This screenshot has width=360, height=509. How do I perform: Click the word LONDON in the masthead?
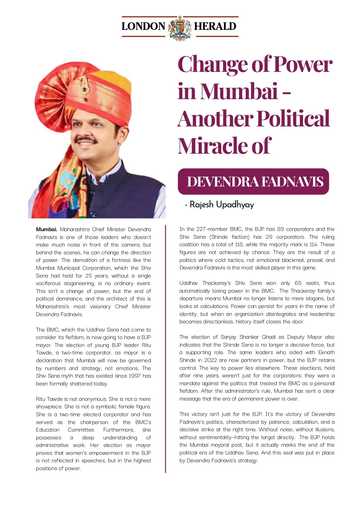tap(143, 26)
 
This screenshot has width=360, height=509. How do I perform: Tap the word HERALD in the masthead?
tap(215, 26)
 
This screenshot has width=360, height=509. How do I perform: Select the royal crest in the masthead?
tap(180, 28)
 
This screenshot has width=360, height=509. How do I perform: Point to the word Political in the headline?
tap(293, 119)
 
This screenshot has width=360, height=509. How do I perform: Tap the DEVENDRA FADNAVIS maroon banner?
tap(253, 182)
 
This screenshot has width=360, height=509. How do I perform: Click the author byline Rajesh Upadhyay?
tap(222, 204)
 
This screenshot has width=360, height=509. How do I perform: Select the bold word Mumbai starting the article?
tap(46, 229)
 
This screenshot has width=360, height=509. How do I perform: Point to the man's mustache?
tap(86, 140)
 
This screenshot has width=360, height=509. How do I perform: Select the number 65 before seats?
tap(298, 283)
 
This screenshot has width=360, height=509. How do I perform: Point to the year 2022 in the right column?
tap(211, 360)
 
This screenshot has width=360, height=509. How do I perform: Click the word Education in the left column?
tap(48, 430)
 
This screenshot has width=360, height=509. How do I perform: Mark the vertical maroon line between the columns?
tap(165, 348)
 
